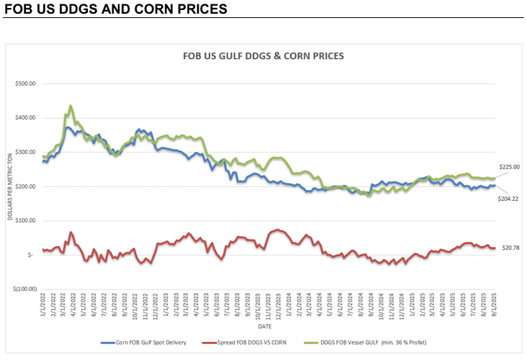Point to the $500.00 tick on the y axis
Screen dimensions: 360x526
26,84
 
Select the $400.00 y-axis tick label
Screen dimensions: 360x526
26,118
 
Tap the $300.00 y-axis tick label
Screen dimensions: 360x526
26,152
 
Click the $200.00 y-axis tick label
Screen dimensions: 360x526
26,186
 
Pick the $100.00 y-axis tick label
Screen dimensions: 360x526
26,220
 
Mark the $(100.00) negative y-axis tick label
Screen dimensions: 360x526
24,289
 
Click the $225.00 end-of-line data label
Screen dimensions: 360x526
509,167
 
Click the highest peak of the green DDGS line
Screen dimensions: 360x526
71,106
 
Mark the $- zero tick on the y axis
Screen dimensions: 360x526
30,255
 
